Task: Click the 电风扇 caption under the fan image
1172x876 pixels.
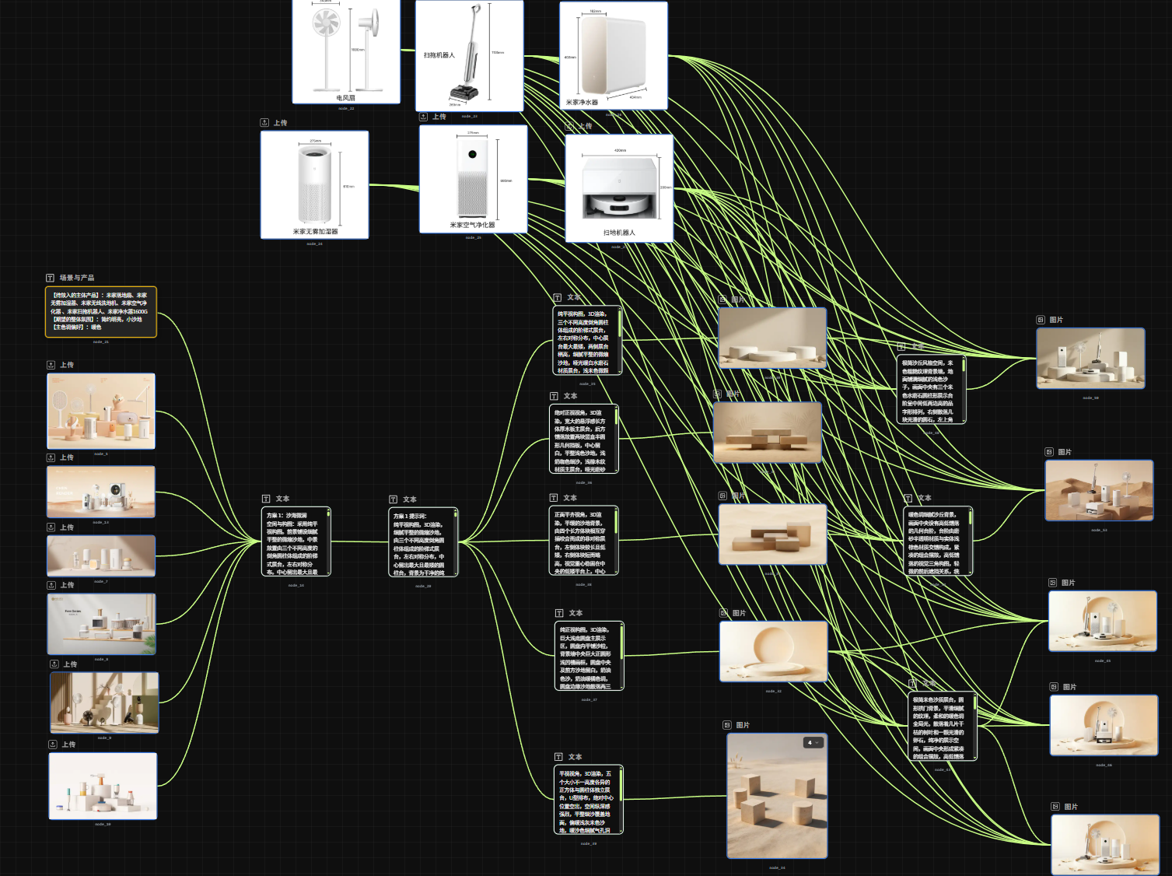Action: tap(345, 98)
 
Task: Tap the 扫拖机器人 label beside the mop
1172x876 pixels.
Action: tap(439, 55)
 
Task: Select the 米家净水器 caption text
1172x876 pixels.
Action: tap(582, 102)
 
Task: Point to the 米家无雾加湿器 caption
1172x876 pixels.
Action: tap(315, 232)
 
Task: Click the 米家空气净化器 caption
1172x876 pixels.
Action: tap(472, 225)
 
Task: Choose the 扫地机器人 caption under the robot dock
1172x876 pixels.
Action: tap(619, 233)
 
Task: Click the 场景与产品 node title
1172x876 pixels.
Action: tap(76, 278)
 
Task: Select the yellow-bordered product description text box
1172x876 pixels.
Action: tap(101, 312)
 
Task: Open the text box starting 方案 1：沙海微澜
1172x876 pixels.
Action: tap(296, 541)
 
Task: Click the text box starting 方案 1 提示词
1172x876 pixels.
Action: tap(422, 542)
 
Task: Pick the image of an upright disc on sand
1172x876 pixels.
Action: tap(773, 651)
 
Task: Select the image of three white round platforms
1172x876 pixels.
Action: tap(772, 337)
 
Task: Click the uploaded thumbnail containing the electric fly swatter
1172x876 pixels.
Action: tap(101, 411)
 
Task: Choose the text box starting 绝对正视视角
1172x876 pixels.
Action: tap(583, 439)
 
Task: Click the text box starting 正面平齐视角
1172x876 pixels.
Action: tap(583, 541)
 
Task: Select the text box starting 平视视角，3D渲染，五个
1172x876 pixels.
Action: tap(588, 800)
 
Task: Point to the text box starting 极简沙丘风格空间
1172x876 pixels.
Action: tap(930, 390)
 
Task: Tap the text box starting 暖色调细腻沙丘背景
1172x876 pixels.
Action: tap(937, 541)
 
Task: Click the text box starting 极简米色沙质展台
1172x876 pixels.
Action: tap(941, 727)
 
